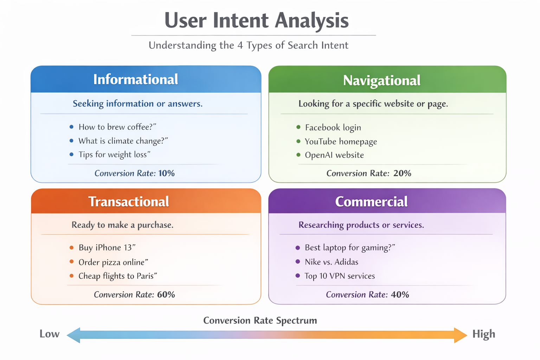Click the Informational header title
(135, 79)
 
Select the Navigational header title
(381, 81)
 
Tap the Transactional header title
(128, 201)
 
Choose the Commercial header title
(371, 201)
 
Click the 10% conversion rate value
(166, 173)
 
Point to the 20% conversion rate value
(402, 173)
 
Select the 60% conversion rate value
(166, 295)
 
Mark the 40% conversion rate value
(400, 295)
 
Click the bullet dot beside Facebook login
(298, 127)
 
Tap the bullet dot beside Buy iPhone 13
(72, 248)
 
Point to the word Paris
(145, 276)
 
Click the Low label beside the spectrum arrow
(49, 334)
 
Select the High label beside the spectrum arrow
(483, 334)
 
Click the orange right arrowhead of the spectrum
(460, 335)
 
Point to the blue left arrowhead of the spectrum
(74, 335)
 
